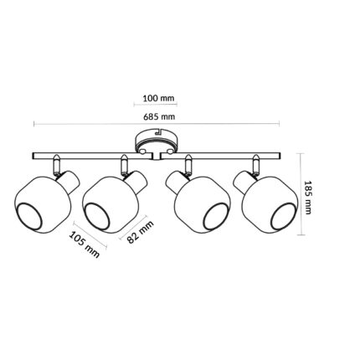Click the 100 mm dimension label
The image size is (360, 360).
click(x=158, y=98)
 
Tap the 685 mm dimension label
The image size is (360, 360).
click(x=159, y=116)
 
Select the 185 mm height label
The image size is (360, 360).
click(x=307, y=198)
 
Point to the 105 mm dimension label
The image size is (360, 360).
click(x=85, y=244)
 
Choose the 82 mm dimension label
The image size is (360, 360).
click(x=140, y=232)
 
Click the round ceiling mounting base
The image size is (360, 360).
click(x=157, y=141)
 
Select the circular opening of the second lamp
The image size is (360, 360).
click(x=98, y=216)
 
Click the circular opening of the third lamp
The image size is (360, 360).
click(x=216, y=216)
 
